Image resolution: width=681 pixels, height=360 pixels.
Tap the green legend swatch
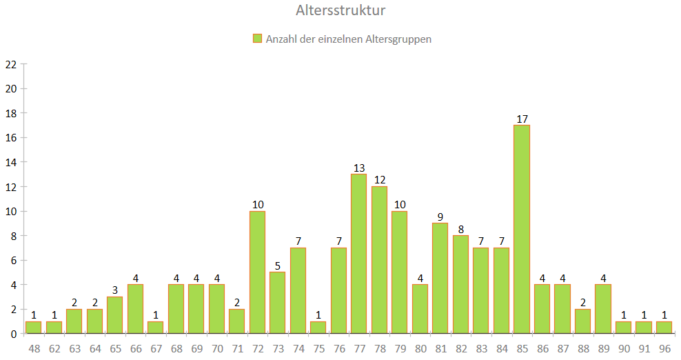(x=258, y=39)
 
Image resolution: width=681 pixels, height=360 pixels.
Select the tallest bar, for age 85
(x=522, y=230)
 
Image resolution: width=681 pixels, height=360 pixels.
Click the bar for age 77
(x=358, y=254)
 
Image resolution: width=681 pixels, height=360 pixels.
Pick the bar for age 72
(x=257, y=272)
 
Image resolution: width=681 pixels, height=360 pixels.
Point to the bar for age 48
(x=33, y=328)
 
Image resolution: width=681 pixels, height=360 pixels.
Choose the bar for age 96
(x=664, y=328)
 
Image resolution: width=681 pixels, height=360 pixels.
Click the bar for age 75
(x=318, y=328)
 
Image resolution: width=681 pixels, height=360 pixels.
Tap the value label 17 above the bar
(x=522, y=119)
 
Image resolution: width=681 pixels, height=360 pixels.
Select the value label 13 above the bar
(x=358, y=168)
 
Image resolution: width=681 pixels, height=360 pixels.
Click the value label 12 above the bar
(x=379, y=180)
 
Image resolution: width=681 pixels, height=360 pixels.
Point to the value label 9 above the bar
(x=440, y=217)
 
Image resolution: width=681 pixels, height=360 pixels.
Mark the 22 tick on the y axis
(x=10, y=64)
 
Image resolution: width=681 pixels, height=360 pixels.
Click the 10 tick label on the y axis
(x=10, y=211)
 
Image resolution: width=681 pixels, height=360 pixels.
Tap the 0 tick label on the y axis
(x=13, y=334)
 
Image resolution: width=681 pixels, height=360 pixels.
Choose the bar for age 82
(x=460, y=285)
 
